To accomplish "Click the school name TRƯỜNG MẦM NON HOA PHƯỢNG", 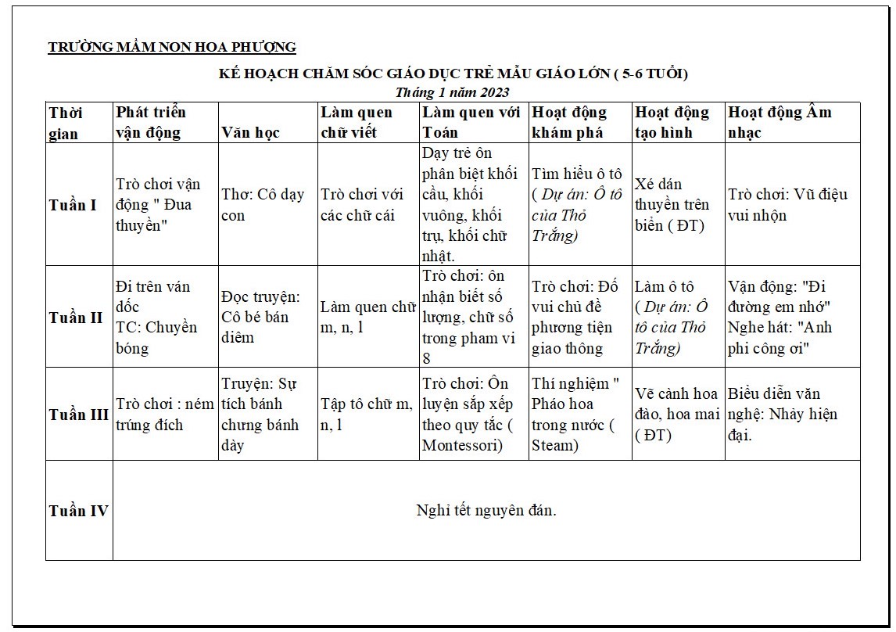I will [x=172, y=47].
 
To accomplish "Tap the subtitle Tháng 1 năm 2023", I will [x=452, y=92].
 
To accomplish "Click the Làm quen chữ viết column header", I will [x=357, y=122].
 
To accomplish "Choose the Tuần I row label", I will [x=73, y=205].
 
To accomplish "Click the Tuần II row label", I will [x=76, y=318].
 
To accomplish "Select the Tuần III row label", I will [x=78, y=415].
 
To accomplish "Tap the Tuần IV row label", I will [x=78, y=511].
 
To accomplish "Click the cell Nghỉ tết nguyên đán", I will [x=486, y=511].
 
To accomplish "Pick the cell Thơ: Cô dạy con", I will [x=263, y=204].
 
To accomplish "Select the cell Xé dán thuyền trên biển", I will [x=672, y=205].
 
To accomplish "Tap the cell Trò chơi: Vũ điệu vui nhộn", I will [x=787, y=204].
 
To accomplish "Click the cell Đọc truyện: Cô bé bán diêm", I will [x=261, y=318].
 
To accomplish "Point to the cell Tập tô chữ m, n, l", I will [x=366, y=415].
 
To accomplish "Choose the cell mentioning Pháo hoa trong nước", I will [x=575, y=415].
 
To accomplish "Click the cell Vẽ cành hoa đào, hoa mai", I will [x=676, y=415].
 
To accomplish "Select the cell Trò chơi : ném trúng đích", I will [x=164, y=415].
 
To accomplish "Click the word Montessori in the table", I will [x=461, y=445].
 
